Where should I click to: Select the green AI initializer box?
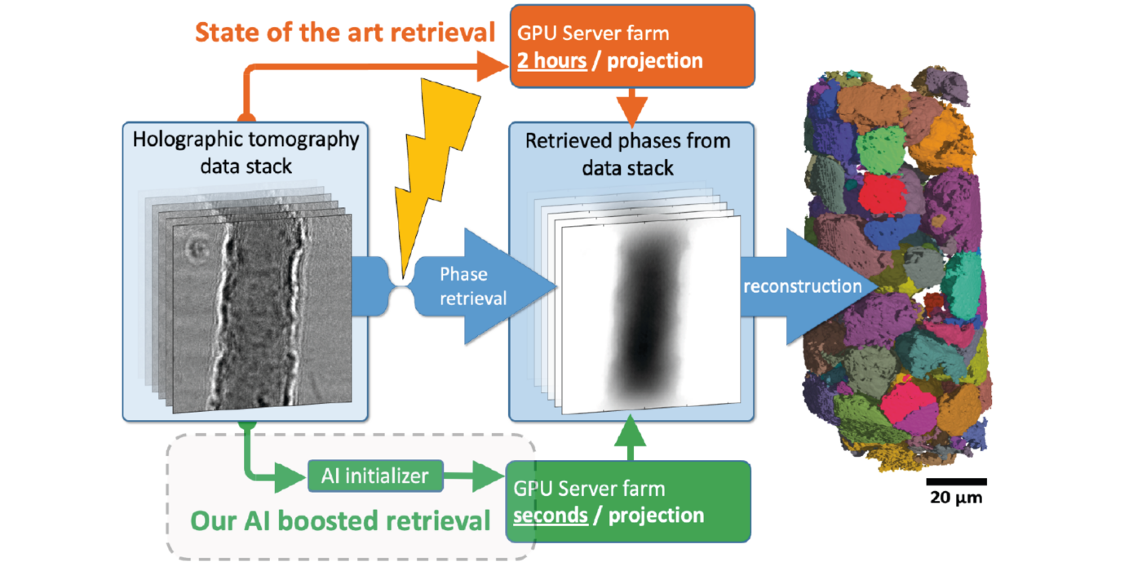tap(375, 476)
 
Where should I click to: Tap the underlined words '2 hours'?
tap(552, 61)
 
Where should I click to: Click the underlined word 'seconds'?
tap(551, 516)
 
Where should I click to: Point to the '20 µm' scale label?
tap(956, 498)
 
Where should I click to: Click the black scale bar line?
tap(956, 481)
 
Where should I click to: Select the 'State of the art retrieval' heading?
tap(343, 32)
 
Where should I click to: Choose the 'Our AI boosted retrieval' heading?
tap(340, 520)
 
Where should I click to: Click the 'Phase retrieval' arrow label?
tap(473, 285)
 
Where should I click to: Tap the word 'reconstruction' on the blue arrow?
tap(802, 285)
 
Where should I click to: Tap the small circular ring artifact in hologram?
tap(197, 248)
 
